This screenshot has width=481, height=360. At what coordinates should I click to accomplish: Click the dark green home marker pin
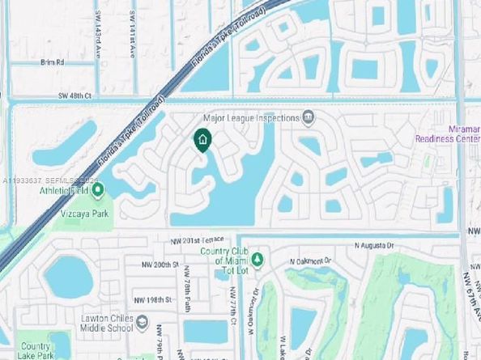point(202,141)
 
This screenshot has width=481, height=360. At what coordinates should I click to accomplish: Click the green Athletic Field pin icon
point(98,191)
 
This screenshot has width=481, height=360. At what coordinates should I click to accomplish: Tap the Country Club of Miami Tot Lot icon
point(258,260)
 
